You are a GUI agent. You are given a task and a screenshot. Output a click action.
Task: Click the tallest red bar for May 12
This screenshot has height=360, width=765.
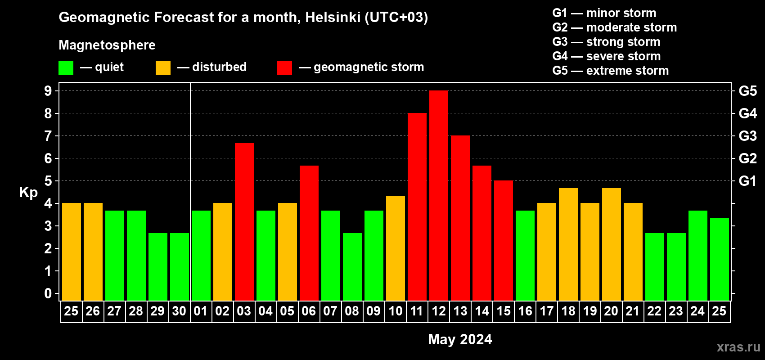click(x=438, y=195)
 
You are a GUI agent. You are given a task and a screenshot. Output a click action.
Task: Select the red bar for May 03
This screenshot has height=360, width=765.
click(x=244, y=222)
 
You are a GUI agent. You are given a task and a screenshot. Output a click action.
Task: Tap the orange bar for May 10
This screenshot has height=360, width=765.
click(x=396, y=248)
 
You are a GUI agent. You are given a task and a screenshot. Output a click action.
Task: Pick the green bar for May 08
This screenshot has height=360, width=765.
click(x=352, y=267)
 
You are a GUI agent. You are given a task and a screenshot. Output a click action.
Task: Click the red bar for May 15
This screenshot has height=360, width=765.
click(x=504, y=240)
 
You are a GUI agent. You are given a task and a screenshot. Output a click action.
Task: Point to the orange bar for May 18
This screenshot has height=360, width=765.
click(x=568, y=244)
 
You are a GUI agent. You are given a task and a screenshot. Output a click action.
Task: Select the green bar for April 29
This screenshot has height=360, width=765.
click(x=158, y=267)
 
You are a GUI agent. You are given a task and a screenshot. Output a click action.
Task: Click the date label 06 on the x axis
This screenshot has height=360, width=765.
click(x=309, y=311)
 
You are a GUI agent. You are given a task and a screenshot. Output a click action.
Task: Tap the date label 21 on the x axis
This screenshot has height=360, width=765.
click(x=633, y=311)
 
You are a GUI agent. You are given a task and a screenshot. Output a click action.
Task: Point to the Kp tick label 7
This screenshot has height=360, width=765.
click(x=48, y=136)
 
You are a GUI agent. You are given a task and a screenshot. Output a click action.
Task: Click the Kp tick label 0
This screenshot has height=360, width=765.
click(x=48, y=293)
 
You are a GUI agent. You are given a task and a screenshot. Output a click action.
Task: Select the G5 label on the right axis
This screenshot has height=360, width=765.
click(x=748, y=91)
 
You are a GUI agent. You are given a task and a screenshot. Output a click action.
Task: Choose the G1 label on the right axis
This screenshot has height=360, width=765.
click(x=748, y=181)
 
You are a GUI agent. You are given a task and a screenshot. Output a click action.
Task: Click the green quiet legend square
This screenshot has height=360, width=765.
click(x=66, y=67)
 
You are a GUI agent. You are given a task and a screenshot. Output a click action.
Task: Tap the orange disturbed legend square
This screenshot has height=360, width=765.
click(x=163, y=67)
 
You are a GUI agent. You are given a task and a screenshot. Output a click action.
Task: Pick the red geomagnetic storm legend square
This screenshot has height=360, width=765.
click(x=285, y=67)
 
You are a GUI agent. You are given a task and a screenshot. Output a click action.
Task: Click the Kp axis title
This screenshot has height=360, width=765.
click(x=28, y=193)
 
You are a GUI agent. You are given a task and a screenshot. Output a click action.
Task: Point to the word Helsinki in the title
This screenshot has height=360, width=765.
click(x=333, y=17)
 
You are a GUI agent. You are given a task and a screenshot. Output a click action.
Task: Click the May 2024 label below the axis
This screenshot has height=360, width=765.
click(x=460, y=339)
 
